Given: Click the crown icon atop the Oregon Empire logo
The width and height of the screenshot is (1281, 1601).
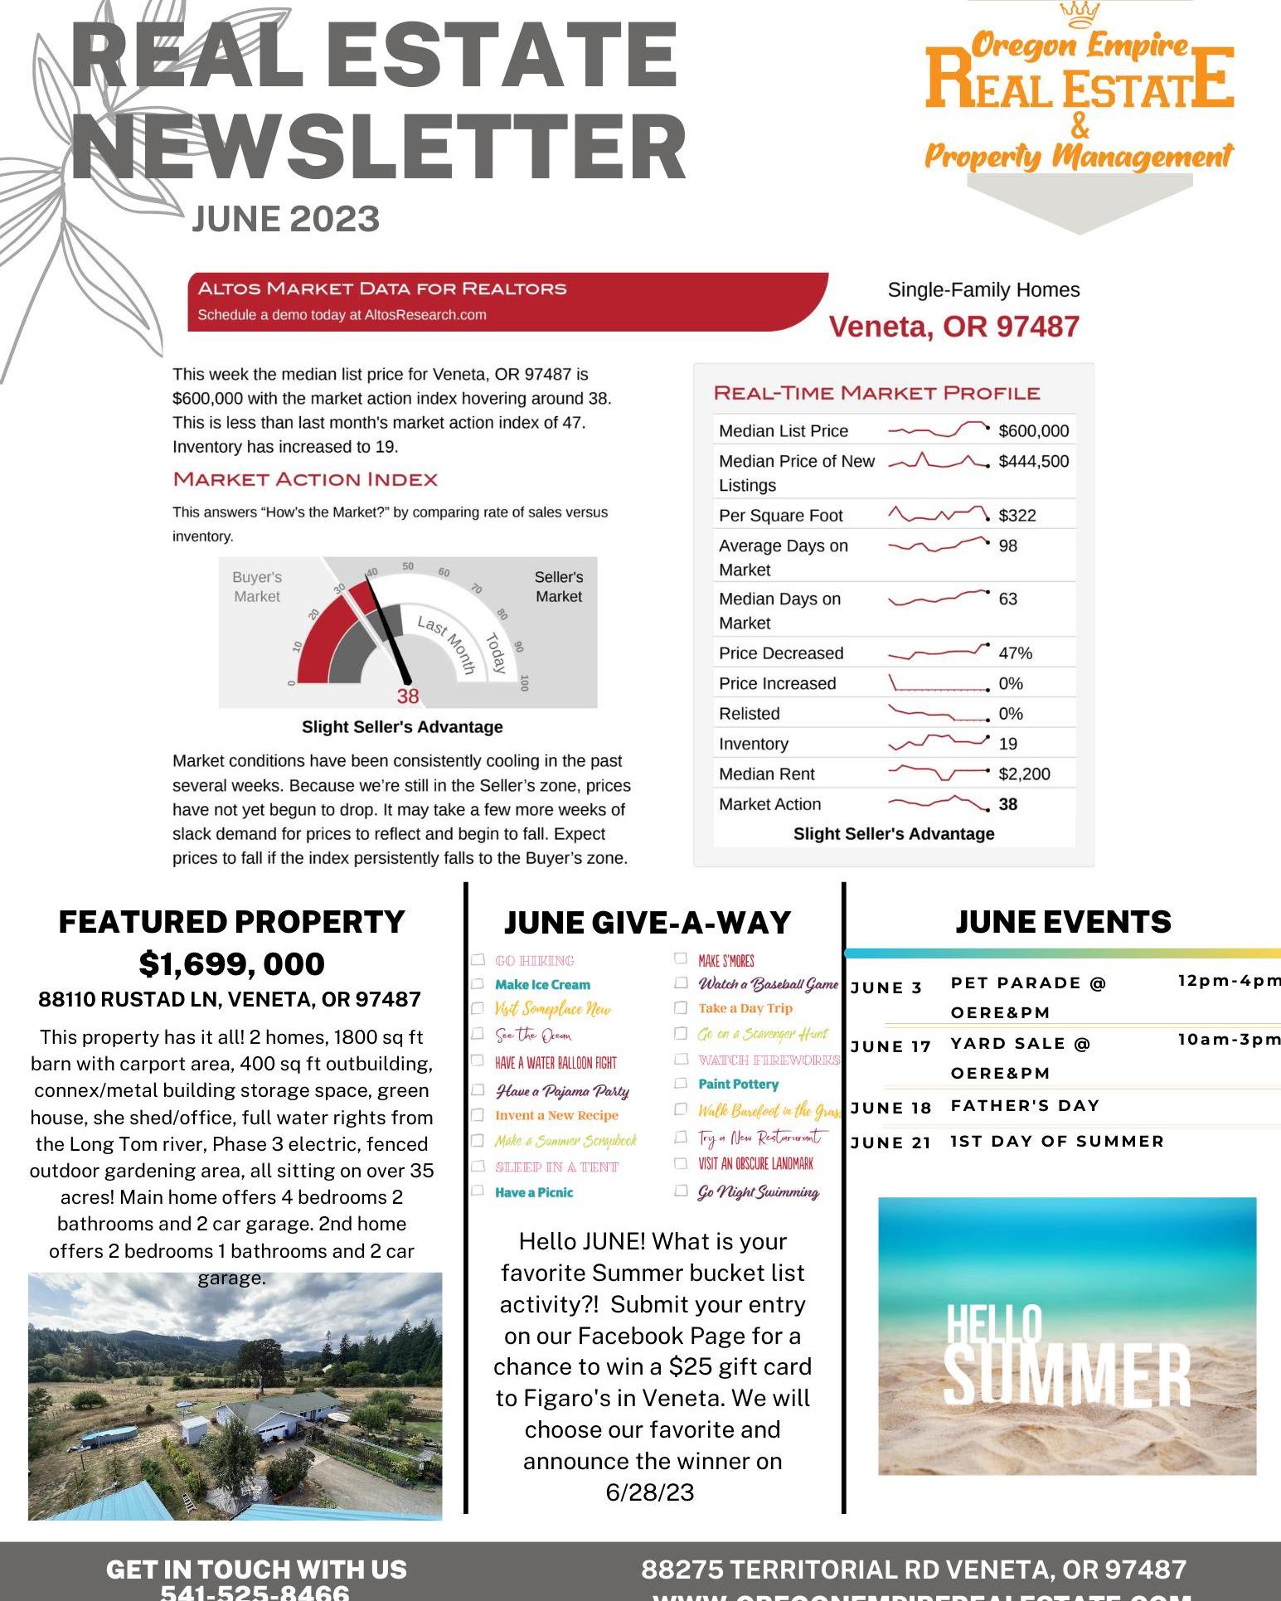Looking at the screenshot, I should point(1080,14).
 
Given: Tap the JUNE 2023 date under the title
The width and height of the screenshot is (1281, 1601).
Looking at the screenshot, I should point(285,220).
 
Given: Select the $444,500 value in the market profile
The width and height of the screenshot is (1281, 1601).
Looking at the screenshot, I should point(1033,461).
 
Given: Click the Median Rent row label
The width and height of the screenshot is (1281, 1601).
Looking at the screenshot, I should point(766,774).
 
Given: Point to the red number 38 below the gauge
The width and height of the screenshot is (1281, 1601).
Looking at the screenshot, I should point(407,696).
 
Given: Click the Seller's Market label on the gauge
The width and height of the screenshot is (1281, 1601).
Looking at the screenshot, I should point(558,586).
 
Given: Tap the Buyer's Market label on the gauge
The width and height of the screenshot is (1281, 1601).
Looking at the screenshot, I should point(257,586).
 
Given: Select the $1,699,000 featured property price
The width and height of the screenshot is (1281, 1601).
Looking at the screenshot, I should point(231,963).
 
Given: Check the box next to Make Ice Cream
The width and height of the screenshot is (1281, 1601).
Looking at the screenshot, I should point(478,984).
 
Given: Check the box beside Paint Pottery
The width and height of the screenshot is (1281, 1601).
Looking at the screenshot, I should point(681,1083).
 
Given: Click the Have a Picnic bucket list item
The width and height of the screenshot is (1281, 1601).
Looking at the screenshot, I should point(534,1192).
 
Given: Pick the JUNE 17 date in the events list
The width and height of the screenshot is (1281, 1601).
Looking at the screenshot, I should point(891,1046).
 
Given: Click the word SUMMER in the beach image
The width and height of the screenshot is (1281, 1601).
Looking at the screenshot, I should point(1067,1375).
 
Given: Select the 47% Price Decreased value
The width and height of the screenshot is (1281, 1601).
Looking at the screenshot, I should point(1015,653).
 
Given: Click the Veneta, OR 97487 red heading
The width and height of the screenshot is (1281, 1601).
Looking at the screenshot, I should point(954,327).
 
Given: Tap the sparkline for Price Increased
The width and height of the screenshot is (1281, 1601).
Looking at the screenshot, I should point(938,684).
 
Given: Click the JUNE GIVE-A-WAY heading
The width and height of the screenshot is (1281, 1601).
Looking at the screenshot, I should point(647,923).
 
